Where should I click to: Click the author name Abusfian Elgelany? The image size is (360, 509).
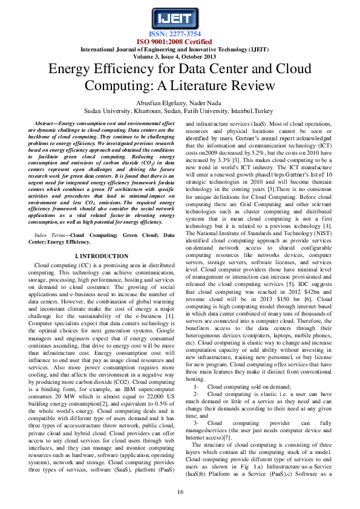click(162, 103)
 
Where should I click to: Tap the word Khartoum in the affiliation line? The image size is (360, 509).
click(148, 111)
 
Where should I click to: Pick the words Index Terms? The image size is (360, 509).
click(49, 235)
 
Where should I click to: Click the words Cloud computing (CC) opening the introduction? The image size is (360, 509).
click(61, 265)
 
